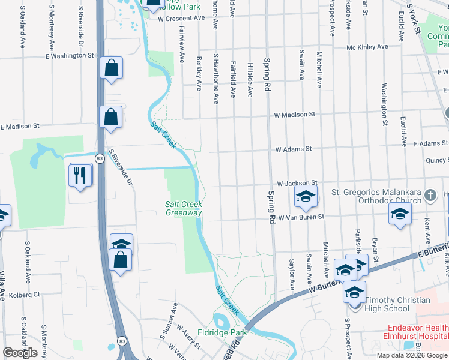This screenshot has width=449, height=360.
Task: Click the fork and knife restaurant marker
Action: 81,175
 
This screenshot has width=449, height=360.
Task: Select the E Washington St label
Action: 70,55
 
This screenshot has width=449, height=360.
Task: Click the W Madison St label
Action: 294,114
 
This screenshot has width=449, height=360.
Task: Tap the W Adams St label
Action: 294,149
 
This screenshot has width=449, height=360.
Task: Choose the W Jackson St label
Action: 296,182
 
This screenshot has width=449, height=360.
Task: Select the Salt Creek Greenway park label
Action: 184,208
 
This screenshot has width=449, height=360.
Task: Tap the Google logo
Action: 20,353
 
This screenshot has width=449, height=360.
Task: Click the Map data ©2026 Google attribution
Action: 412,355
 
